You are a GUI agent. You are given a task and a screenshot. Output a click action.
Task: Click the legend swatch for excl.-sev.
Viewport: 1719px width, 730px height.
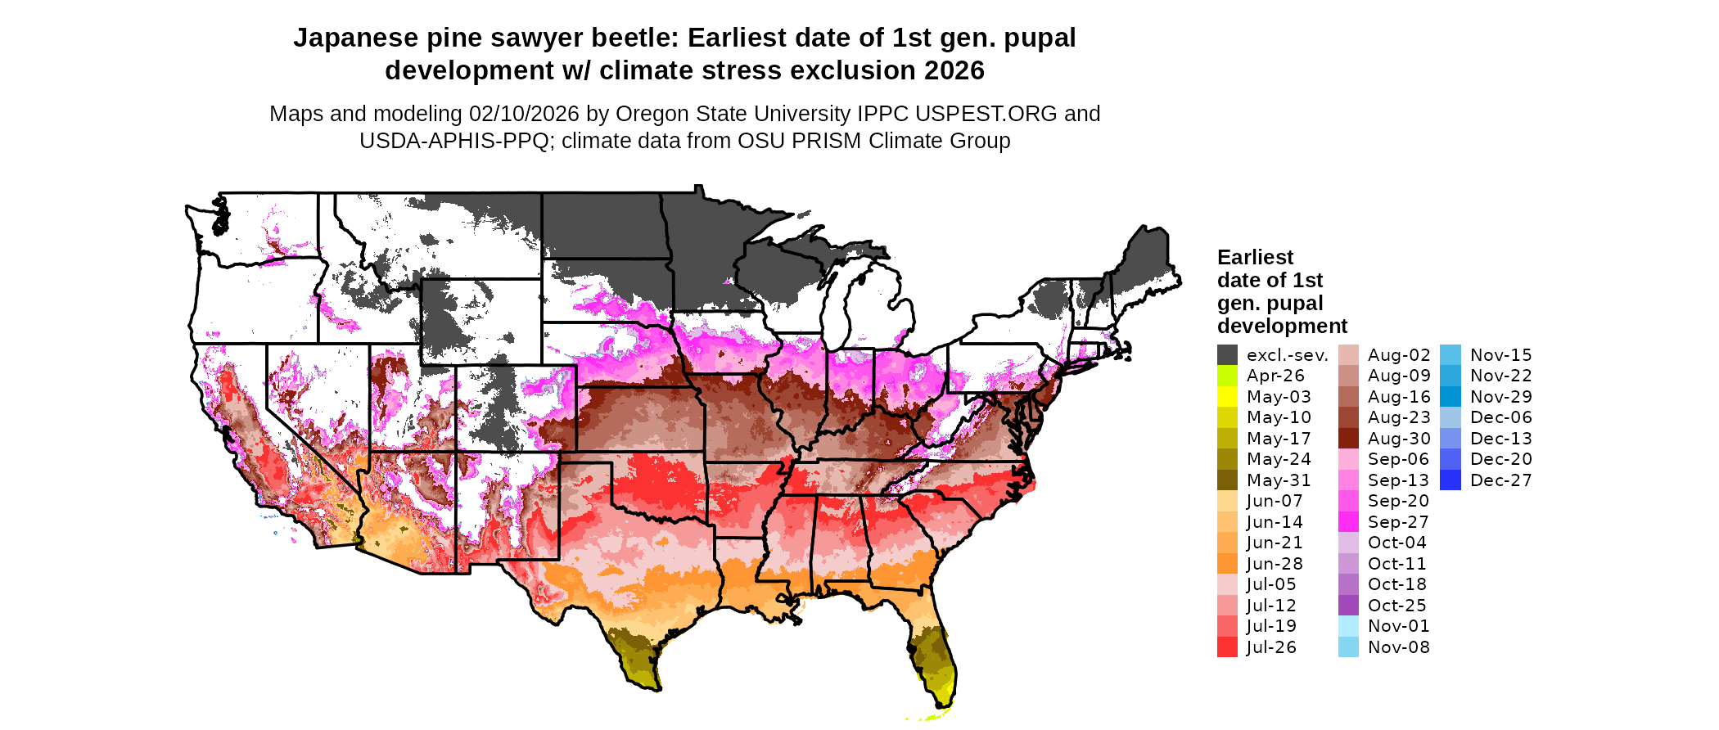point(1227,355)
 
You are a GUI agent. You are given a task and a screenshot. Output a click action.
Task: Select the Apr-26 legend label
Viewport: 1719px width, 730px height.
point(1275,376)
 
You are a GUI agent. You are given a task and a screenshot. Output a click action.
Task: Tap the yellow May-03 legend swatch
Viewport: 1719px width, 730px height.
point(1227,397)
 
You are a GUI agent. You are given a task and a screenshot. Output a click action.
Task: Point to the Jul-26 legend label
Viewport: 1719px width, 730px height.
point(1271,647)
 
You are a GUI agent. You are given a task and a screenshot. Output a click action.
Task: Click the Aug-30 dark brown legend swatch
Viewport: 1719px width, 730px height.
point(1348,439)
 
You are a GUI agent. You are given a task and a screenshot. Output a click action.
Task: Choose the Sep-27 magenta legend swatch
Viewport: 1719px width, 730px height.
point(1348,522)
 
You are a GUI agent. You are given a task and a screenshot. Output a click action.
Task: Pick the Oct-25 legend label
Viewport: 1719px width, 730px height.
point(1396,606)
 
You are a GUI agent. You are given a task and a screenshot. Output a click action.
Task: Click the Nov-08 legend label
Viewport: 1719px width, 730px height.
point(1398,647)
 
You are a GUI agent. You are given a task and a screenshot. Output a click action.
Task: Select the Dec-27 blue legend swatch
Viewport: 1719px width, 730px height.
point(1451,480)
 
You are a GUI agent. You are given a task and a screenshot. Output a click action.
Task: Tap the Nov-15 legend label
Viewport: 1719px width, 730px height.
point(1500,355)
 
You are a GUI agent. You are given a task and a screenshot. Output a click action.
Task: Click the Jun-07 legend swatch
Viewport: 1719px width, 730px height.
point(1227,501)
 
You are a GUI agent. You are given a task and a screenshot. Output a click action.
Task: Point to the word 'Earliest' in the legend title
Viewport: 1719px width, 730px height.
point(1255,258)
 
